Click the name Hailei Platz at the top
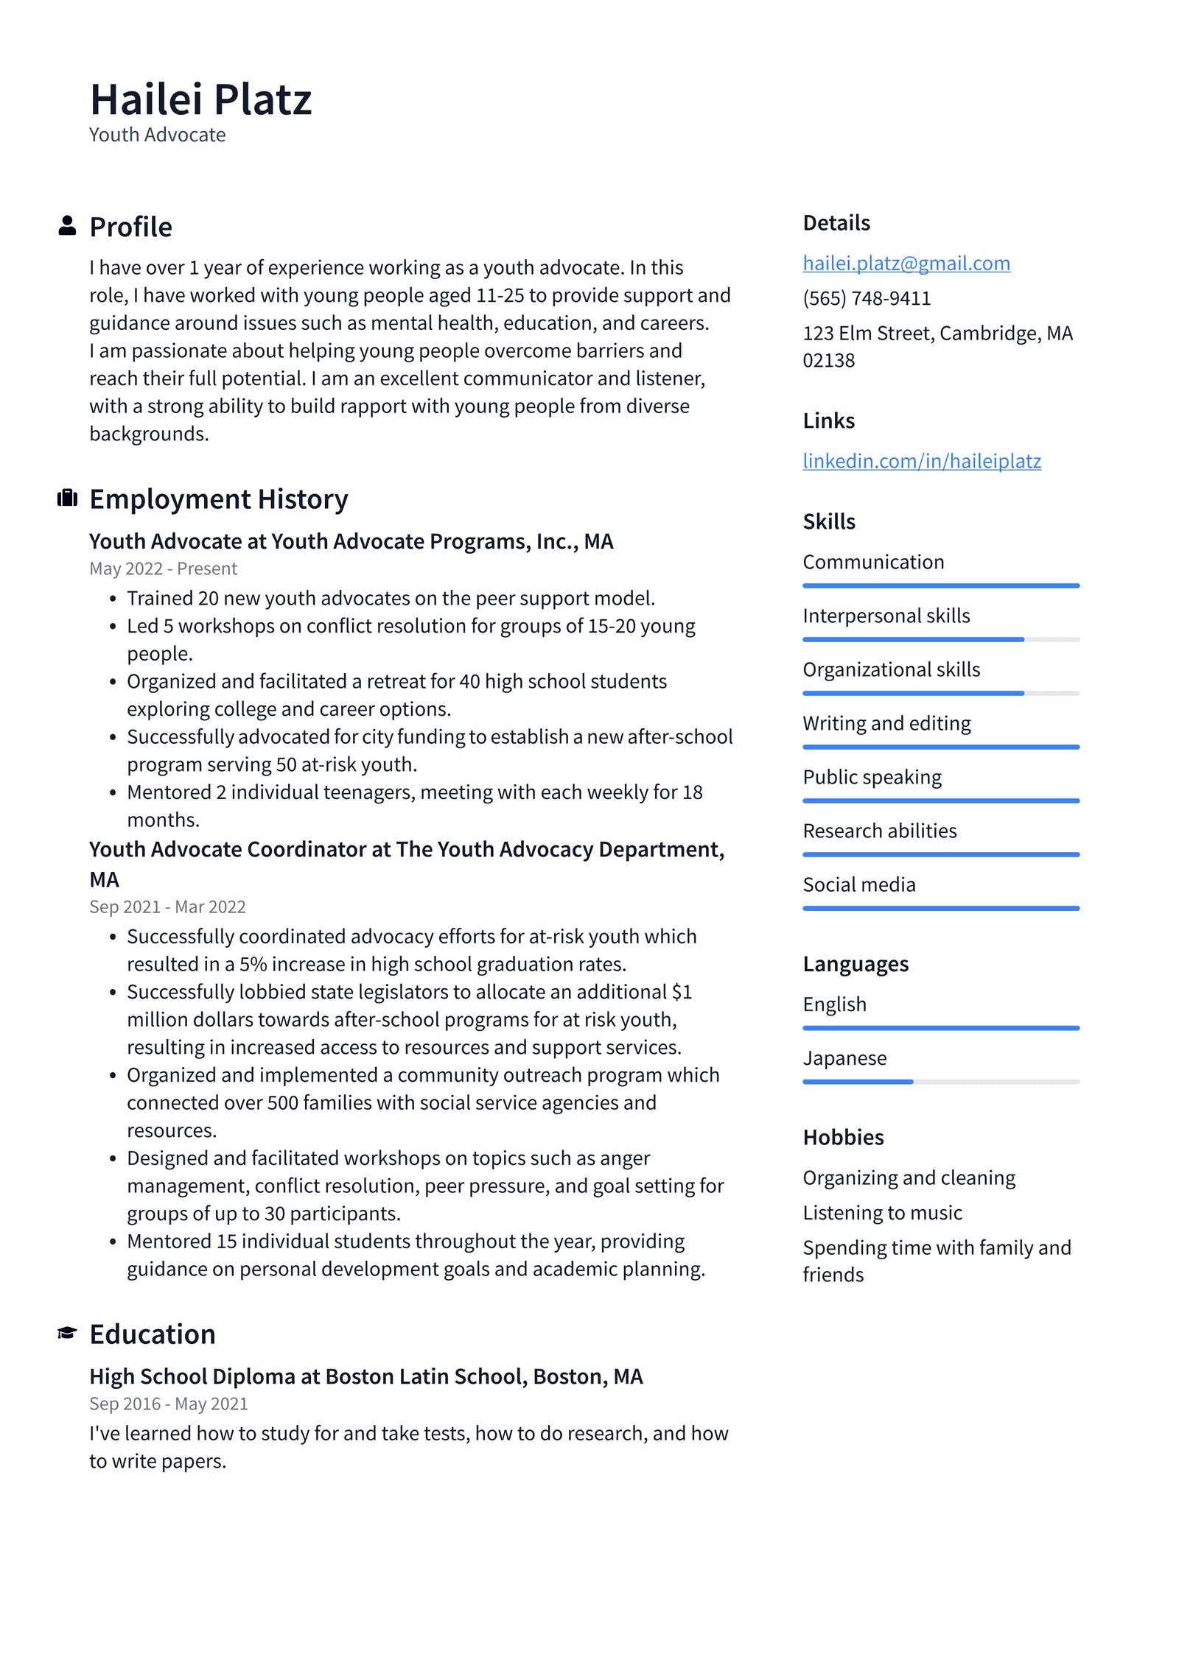click(200, 99)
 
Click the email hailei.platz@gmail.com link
click(906, 263)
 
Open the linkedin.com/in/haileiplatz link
click(921, 461)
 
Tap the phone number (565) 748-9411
click(867, 298)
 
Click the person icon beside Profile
click(67, 226)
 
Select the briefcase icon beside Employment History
click(67, 499)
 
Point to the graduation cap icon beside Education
click(67, 1334)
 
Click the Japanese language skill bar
click(940, 1082)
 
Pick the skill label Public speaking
click(872, 777)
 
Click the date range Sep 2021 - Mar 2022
click(167, 907)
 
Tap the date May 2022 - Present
click(163, 569)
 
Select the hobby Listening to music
click(882, 1212)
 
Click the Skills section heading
click(828, 521)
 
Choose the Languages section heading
click(855, 964)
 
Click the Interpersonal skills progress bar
click(940, 639)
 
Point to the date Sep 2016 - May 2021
click(168, 1404)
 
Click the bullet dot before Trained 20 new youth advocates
click(113, 599)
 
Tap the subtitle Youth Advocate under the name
click(157, 135)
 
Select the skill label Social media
click(858, 884)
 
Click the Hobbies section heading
click(843, 1137)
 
